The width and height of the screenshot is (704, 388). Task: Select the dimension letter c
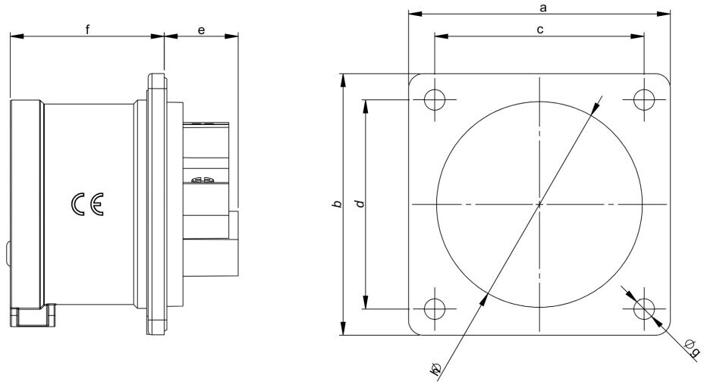(539, 30)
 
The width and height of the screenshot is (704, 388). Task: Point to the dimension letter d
(360, 203)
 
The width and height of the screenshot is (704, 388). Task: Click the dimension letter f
(88, 30)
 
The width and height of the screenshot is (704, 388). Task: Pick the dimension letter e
(201, 30)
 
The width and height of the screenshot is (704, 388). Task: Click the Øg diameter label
(691, 346)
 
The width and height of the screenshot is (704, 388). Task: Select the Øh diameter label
(435, 370)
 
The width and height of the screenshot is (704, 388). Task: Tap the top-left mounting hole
(435, 99)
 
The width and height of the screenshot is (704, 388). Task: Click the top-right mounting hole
(644, 99)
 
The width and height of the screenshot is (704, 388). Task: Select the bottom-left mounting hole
(435, 308)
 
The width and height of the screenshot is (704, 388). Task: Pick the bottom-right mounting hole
(644, 308)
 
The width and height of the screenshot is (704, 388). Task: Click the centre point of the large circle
(539, 204)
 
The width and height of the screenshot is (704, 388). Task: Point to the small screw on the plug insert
(203, 180)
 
